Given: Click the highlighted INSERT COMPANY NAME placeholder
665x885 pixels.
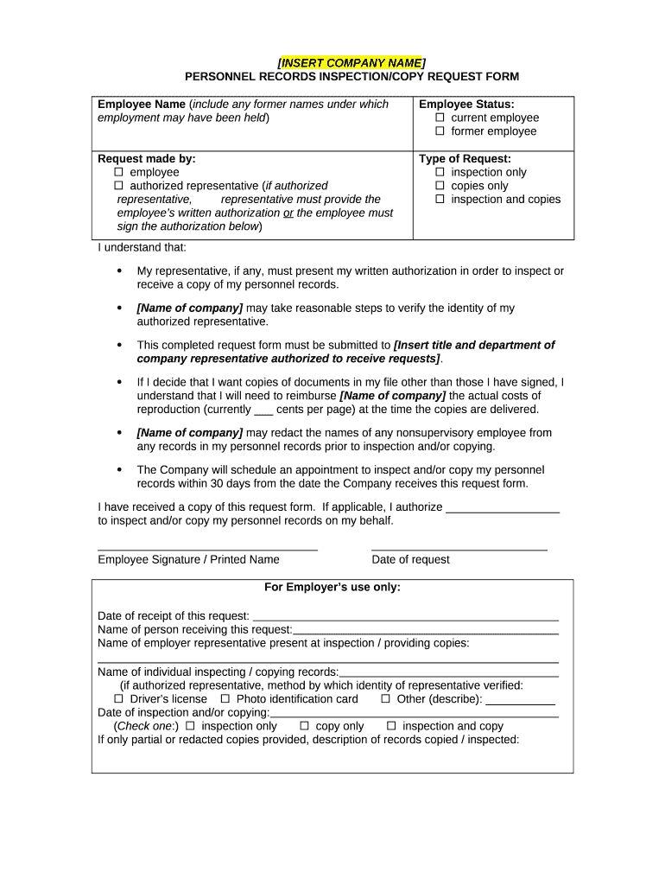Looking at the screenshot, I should [x=351, y=63].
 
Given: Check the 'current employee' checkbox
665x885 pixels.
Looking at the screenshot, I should [x=440, y=118].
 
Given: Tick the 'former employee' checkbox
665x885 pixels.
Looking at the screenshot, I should [x=440, y=131].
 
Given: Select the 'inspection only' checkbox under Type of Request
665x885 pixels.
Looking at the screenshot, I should [x=440, y=172].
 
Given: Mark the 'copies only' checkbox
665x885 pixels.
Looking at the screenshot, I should [x=440, y=186].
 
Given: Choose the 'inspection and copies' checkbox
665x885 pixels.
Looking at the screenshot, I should [x=440, y=200].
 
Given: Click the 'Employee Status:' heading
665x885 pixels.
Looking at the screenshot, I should [x=466, y=105].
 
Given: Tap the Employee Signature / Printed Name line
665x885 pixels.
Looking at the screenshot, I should [x=207, y=548].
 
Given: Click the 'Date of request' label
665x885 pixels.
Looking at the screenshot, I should [x=410, y=560].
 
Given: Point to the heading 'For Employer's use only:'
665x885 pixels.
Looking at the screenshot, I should [x=332, y=588].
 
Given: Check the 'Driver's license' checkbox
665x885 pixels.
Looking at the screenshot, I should [x=119, y=699].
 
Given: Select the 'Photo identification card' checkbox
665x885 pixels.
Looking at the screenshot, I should [x=225, y=699].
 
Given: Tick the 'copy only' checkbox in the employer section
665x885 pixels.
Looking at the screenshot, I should [x=305, y=727].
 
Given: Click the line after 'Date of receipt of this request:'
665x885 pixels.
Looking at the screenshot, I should [x=404, y=617].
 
